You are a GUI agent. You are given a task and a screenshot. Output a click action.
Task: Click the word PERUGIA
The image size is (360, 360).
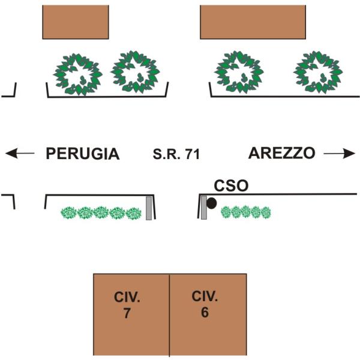[83, 154]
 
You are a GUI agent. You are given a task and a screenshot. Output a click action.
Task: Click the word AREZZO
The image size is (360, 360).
[281, 153]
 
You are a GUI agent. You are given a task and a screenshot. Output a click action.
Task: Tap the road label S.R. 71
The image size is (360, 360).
[176, 154]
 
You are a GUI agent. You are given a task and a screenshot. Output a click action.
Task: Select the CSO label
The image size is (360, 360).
[231, 186]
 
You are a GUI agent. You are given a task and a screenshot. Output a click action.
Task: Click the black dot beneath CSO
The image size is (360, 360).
[211, 203]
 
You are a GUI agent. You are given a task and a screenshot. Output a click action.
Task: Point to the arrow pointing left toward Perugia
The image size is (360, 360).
[19, 154]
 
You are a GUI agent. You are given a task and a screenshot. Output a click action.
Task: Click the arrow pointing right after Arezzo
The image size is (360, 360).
[339, 154]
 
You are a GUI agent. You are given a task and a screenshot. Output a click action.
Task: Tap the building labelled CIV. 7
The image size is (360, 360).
[131, 314]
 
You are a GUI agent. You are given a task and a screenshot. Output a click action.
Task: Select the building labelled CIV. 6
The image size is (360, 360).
[208, 314]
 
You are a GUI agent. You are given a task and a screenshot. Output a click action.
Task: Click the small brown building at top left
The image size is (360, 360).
[76, 22]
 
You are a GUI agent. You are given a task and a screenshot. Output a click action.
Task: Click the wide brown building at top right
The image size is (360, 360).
[253, 22]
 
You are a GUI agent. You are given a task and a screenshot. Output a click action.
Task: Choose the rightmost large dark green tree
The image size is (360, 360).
[318, 73]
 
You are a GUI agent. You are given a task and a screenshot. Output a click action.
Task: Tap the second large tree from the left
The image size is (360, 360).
[136, 72]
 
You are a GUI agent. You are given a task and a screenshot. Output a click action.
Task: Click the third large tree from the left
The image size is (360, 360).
[240, 72]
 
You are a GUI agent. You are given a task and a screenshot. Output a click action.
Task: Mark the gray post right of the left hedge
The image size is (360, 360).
[149, 208]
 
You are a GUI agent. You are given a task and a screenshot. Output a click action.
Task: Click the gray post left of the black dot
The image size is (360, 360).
[203, 207]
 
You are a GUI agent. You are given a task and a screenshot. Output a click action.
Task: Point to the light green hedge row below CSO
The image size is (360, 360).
[246, 212]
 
